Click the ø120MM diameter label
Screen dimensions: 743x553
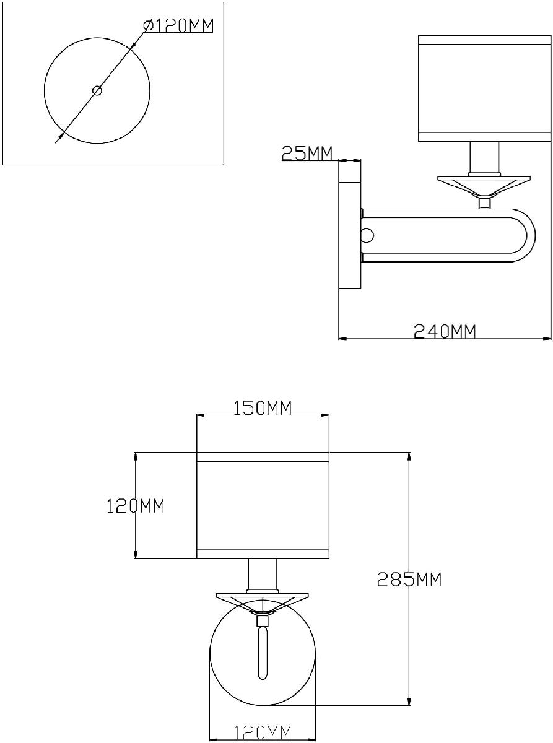point(178,25)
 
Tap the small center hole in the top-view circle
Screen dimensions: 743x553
point(97,90)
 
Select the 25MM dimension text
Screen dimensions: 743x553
point(307,153)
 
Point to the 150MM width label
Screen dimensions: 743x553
point(262,407)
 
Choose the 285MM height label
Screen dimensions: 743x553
point(409,580)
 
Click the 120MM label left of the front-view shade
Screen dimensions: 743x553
point(136,506)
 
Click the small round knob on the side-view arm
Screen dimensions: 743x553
point(367,236)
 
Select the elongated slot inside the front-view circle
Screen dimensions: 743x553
point(262,653)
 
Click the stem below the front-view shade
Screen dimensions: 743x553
point(262,575)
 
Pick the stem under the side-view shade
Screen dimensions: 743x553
point(484,157)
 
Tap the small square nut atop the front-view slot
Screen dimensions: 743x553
point(262,621)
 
